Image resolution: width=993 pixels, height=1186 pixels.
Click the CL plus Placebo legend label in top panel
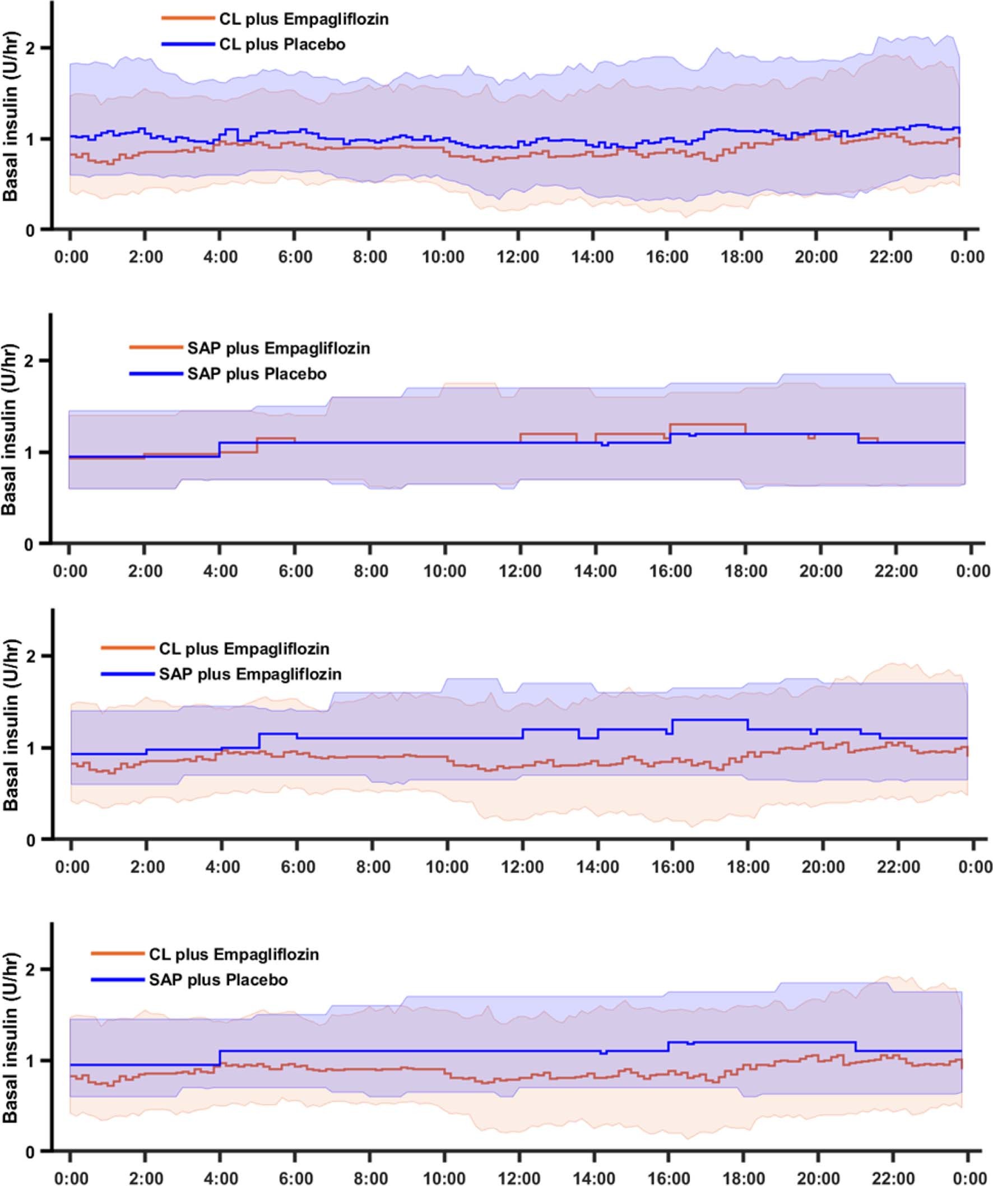(282, 45)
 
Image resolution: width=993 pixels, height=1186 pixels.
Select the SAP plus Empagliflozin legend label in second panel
(279, 348)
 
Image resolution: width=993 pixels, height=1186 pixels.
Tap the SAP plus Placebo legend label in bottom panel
(219, 979)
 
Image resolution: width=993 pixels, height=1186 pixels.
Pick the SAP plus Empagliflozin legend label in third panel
(250, 674)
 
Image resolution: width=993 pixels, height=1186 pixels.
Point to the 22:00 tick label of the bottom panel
(893, 1178)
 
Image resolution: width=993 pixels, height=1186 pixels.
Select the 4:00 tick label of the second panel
(220, 571)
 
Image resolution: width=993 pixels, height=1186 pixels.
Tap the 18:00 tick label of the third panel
(748, 866)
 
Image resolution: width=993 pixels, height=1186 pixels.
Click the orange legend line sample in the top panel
(188, 19)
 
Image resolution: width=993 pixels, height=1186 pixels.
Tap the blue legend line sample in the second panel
(156, 374)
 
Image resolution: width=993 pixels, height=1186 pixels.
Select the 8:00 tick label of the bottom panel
(370, 1178)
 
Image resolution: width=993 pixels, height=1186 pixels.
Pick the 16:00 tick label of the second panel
(670, 571)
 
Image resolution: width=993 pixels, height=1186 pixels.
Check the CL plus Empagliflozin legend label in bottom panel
(234, 954)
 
